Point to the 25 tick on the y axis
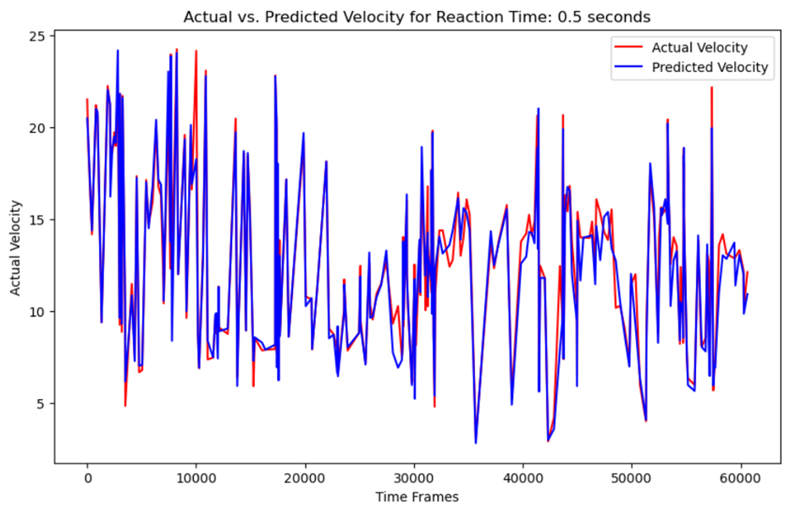[x=38, y=36]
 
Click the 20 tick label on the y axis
[x=38, y=128]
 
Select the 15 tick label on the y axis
[x=38, y=220]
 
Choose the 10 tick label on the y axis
[x=38, y=311]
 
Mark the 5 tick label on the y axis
[x=41, y=403]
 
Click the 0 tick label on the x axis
[x=87, y=479]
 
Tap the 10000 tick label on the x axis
[x=196, y=479]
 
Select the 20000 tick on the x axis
[x=305, y=479]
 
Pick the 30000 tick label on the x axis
[x=414, y=479]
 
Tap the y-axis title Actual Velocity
[x=16, y=248]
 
